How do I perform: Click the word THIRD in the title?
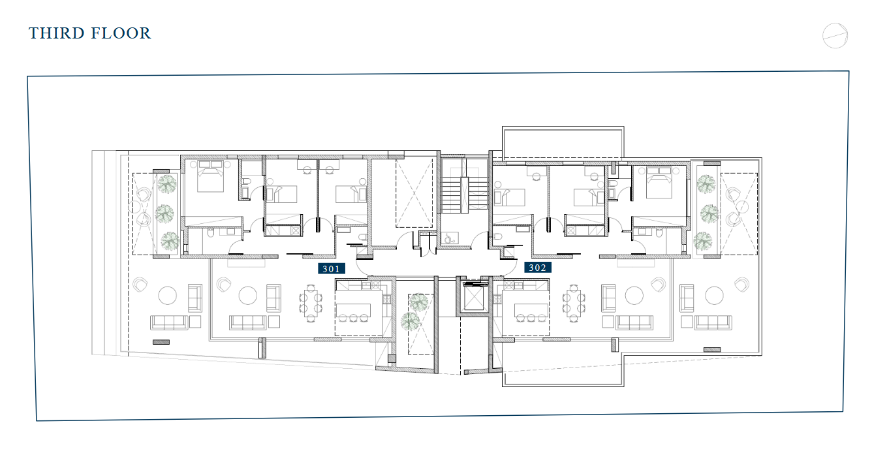click(56, 33)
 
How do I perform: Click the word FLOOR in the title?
click(120, 33)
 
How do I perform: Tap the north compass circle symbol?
click(835, 36)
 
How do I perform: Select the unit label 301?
click(332, 268)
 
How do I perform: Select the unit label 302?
click(538, 268)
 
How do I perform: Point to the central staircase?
click(465, 195)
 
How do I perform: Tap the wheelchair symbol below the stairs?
click(449, 238)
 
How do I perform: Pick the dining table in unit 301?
click(310, 303)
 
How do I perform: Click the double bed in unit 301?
click(210, 176)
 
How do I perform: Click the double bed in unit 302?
click(659, 182)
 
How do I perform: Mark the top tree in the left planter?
click(167, 184)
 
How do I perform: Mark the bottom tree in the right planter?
click(703, 242)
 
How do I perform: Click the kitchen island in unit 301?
click(354, 310)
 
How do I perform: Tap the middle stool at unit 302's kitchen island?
click(531, 318)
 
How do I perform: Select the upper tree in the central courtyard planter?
click(418, 302)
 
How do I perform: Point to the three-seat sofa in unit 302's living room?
click(634, 322)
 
